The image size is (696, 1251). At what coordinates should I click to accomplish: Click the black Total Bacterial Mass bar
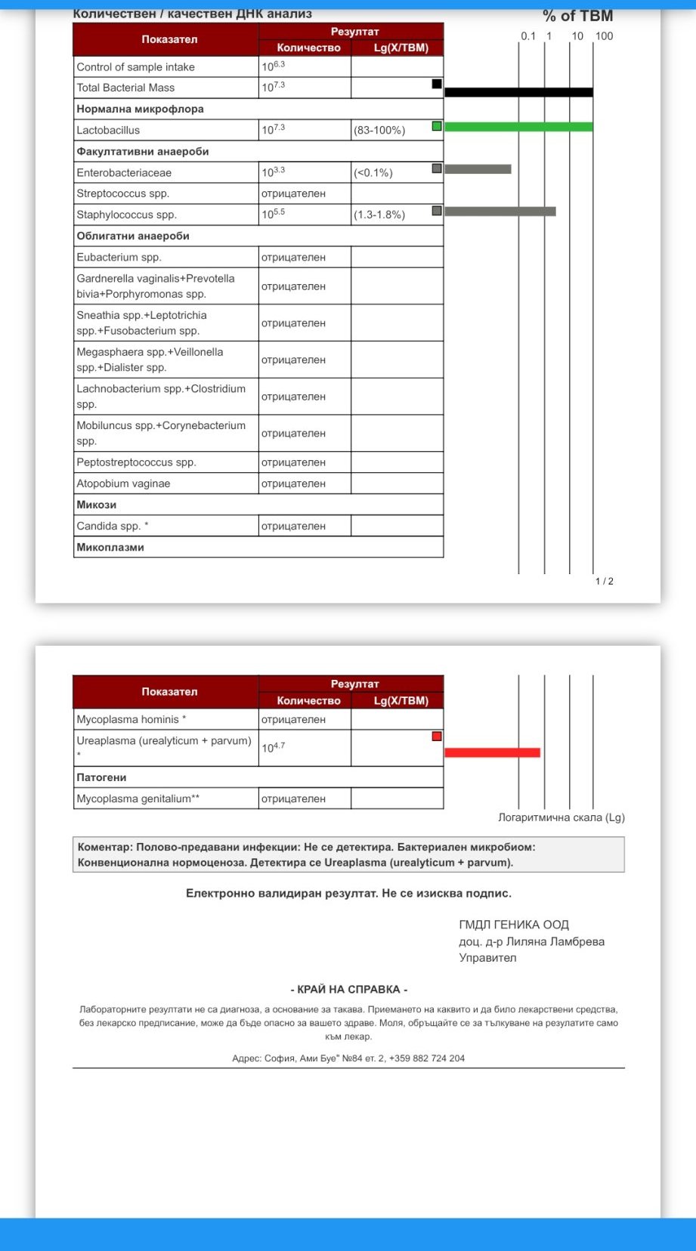click(518, 92)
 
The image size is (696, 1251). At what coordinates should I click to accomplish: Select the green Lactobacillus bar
click(518, 126)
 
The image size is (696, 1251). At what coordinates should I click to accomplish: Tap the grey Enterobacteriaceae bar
click(478, 169)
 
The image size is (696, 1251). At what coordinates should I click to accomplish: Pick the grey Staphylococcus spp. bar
click(500, 212)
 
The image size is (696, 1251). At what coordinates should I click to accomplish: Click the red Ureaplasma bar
click(492, 752)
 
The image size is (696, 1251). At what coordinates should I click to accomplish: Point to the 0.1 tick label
click(527, 36)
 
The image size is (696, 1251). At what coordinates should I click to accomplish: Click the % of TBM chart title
click(577, 16)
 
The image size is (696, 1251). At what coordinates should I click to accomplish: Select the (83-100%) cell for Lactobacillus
click(379, 130)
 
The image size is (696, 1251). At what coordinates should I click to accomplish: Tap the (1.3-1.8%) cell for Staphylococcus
click(379, 215)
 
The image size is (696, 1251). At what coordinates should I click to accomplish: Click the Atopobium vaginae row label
click(123, 483)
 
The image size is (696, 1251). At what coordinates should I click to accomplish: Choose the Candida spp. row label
click(112, 526)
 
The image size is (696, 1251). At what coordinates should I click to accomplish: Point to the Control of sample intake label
click(135, 66)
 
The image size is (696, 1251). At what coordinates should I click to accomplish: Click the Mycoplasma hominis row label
click(131, 719)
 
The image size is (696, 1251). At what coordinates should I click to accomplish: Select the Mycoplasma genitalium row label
click(138, 798)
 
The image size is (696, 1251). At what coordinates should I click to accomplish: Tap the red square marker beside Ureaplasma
click(437, 736)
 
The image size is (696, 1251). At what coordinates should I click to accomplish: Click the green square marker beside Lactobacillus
click(437, 126)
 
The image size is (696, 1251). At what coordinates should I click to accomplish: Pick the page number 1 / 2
click(605, 581)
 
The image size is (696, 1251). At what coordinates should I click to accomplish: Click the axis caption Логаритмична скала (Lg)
click(561, 817)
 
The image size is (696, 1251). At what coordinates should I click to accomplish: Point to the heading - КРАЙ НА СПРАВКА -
click(349, 989)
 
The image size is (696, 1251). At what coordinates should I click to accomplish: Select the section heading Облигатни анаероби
click(133, 236)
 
